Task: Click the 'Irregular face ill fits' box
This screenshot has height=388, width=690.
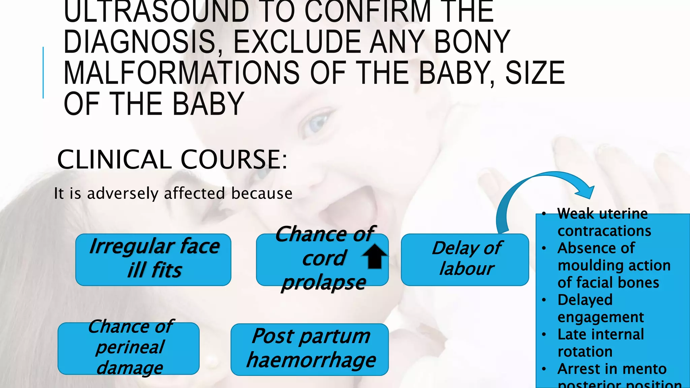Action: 153,259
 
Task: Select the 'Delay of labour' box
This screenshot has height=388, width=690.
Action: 465,259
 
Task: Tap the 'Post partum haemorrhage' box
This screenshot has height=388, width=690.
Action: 310,349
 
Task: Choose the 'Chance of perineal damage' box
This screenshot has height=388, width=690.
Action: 128,348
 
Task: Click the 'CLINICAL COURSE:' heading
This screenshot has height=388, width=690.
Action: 172,159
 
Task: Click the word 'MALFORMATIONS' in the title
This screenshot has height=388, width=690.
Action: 181,73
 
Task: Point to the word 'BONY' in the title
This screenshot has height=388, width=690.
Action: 472,42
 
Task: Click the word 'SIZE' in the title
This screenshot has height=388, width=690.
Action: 535,73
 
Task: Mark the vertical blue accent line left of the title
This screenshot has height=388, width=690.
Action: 43,73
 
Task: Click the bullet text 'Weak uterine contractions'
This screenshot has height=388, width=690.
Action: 603,222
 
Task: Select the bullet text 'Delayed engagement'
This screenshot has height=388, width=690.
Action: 600,308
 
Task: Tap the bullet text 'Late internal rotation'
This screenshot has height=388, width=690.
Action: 600,343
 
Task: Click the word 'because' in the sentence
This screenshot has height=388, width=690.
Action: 262,194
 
